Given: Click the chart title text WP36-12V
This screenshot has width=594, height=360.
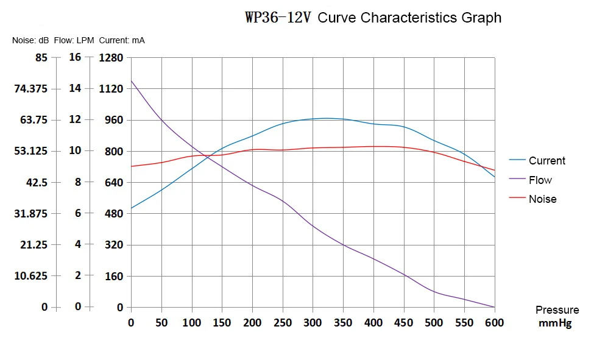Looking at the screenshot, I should click(278, 18).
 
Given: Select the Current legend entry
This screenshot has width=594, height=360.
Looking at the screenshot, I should click(546, 161).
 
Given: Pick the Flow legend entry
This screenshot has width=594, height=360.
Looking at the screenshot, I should click(540, 180).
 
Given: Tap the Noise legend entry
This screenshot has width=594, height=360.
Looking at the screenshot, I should click(542, 199).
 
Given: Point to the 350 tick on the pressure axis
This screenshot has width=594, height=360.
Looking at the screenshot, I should click(343, 322).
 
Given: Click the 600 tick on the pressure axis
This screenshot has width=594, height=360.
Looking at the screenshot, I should click(494, 322).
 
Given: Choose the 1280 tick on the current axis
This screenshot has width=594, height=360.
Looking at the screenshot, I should click(111, 58).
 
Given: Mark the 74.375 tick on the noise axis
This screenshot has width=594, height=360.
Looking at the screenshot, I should click(30, 89).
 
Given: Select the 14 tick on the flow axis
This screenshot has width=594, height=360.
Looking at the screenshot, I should click(75, 88).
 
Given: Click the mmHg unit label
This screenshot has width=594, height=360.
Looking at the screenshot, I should click(555, 323).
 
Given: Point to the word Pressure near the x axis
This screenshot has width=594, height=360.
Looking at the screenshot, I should click(557, 311).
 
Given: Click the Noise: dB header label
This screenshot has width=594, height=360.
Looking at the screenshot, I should click(30, 41).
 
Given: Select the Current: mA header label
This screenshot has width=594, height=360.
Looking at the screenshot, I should click(122, 41).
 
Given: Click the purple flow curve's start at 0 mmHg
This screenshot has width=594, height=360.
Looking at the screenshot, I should click(132, 80).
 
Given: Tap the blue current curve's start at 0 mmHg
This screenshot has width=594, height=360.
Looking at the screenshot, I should click(132, 208).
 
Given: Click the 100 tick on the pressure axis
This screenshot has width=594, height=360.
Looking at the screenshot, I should click(192, 322).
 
